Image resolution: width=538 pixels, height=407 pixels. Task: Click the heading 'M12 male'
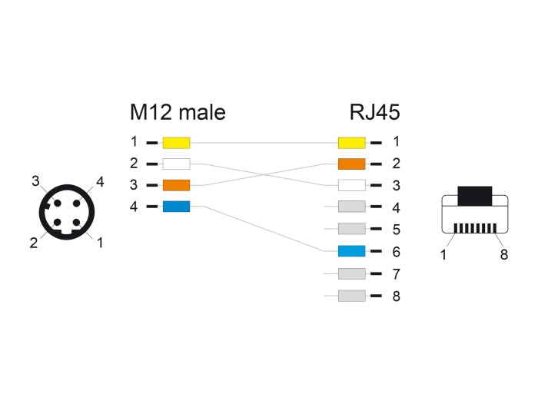178,112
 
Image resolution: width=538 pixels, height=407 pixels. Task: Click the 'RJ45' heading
374,112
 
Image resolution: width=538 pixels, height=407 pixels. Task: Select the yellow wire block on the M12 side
177,142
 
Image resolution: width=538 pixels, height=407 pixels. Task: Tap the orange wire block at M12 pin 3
177,185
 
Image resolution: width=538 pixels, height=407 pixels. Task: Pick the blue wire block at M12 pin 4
177,207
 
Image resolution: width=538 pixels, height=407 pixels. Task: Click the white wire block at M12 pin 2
177,164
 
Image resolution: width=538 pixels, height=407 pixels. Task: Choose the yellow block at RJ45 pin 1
351,142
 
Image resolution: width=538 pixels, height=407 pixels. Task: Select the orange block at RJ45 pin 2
351,164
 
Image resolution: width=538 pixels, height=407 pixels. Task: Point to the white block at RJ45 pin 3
351,185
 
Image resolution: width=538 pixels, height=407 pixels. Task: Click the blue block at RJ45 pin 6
351,251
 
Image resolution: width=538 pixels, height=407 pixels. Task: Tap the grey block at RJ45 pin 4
351,207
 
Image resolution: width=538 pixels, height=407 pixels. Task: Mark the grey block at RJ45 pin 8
351,296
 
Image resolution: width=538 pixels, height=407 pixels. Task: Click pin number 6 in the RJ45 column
396,251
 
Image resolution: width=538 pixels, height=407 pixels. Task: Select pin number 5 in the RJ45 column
396,230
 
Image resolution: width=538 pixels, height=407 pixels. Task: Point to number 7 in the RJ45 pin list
396,273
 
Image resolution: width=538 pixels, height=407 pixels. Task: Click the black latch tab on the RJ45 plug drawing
475,195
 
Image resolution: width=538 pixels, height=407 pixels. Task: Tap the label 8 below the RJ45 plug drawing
504,255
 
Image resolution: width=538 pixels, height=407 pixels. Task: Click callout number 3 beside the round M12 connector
35,180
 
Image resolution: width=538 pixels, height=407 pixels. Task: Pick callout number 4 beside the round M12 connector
100,182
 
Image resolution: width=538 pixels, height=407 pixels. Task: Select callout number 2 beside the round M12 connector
34,243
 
